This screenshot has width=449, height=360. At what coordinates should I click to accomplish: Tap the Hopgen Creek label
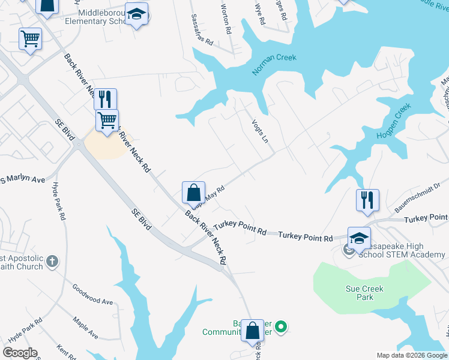pyautogui.click(x=393, y=121)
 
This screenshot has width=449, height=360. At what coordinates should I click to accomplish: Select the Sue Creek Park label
pyautogui.click(x=364, y=293)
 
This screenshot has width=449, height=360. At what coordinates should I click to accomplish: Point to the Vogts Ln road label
pyautogui.click(x=259, y=129)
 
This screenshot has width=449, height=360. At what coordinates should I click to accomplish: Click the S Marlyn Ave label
pyautogui.click(x=23, y=179)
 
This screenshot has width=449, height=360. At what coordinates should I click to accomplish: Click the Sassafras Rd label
pyautogui.click(x=202, y=31)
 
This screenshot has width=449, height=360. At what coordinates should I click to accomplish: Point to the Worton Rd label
pyautogui.click(x=226, y=19)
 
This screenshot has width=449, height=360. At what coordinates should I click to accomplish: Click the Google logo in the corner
pyautogui.click(x=20, y=353)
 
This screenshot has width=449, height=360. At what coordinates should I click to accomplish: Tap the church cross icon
pyautogui.click(x=52, y=261)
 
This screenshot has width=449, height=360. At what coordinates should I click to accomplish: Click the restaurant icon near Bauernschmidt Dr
pyautogui.click(x=367, y=199)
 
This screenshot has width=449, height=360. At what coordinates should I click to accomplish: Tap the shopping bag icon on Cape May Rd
pyautogui.click(x=193, y=193)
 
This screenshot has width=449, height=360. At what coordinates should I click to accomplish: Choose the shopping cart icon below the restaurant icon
pyautogui.click(x=107, y=119)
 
